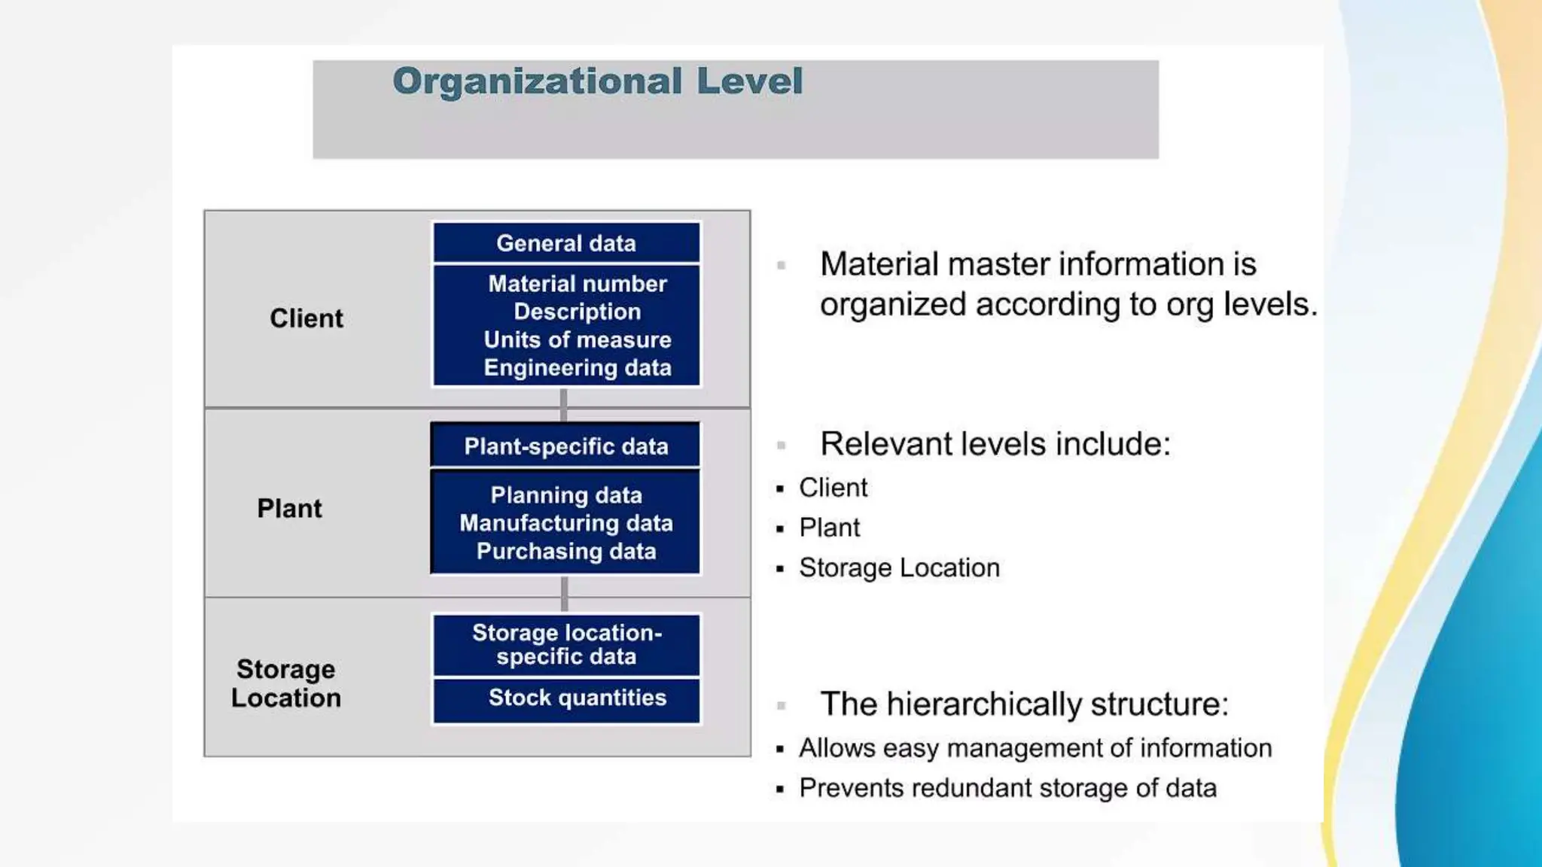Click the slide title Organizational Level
point(597,81)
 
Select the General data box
point(566,243)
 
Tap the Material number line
point(577,284)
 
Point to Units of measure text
point(577,339)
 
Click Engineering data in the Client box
point(577,367)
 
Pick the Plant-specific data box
point(566,446)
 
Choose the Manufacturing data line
point(566,523)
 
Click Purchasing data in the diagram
point(566,551)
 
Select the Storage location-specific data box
point(566,645)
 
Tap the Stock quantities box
point(577,698)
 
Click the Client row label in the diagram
point(306,318)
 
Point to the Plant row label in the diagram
point(289,508)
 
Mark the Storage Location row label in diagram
point(286,683)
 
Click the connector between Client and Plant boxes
point(563,406)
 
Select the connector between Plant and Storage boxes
point(564,595)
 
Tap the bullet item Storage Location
point(899,567)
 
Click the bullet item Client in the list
point(833,488)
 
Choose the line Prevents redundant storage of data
point(1007,788)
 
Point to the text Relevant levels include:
point(995,444)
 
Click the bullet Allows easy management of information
point(1035,748)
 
